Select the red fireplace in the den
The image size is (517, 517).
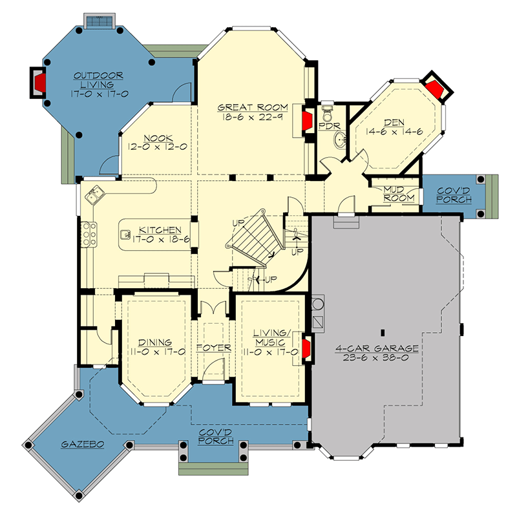pos(437,89)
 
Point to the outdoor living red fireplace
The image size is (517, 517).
pos(39,82)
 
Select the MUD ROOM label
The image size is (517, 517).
pos(399,193)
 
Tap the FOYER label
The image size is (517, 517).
pos(213,348)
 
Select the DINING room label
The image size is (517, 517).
pos(155,343)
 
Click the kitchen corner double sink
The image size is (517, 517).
pos(96,193)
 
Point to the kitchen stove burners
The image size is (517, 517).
pos(89,234)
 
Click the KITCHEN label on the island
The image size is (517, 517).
pos(158,230)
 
